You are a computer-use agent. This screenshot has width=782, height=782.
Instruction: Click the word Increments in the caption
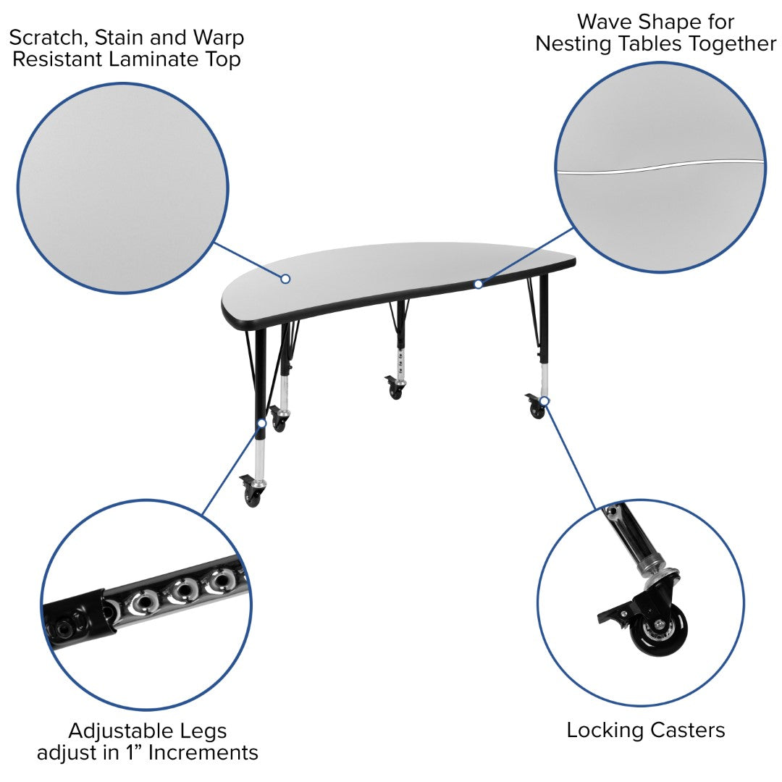pos(203,752)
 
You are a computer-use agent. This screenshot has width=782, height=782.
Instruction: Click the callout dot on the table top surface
pos(285,279)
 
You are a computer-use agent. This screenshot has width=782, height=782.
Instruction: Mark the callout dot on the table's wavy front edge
pos(479,285)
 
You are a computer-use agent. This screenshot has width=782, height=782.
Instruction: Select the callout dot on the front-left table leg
pos(262,424)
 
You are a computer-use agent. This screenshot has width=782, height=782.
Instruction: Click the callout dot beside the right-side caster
pos(545,401)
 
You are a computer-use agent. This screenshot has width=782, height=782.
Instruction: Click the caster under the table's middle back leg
pos(396,387)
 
